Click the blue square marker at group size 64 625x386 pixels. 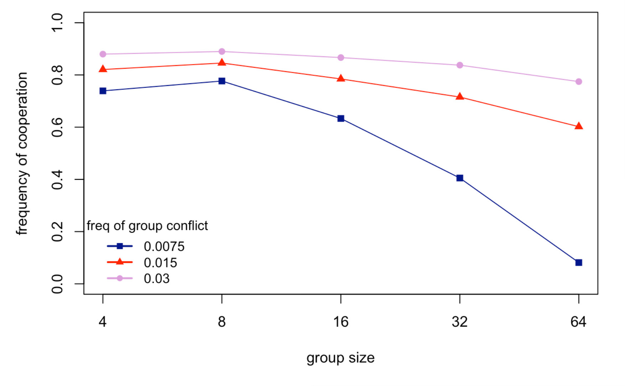pos(578,262)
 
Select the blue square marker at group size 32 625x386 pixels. pos(460,178)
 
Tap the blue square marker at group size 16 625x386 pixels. pos(341,118)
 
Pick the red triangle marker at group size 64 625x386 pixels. pos(578,126)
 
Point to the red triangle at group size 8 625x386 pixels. pos(222,63)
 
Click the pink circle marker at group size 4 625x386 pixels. pos(103,54)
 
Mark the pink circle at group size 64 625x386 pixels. pos(578,82)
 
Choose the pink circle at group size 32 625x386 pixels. pos(460,65)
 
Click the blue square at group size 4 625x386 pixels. pos(103,91)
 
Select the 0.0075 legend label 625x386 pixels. pos(164,246)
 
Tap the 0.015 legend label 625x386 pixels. pos(160,263)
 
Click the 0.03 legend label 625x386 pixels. pos(156,278)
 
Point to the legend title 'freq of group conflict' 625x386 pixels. pos(147,226)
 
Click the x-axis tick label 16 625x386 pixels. pos(341,322)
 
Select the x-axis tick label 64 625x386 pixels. pos(578,322)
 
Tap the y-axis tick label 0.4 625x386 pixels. pos(57,179)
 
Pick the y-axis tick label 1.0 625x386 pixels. pos(57,23)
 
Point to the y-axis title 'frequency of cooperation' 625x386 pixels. pos(22,153)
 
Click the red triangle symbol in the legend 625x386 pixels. pos(120,262)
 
